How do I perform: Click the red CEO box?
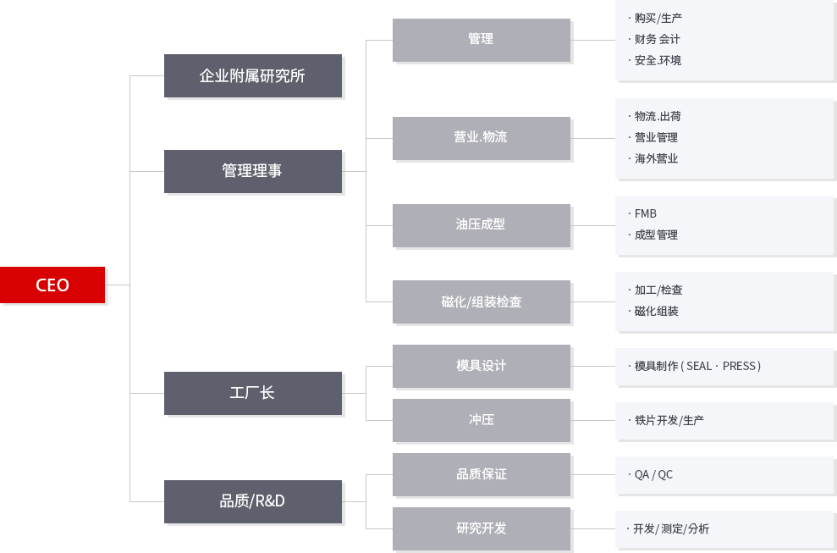click(x=52, y=285)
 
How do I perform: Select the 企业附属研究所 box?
click(x=253, y=76)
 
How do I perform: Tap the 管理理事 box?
click(x=253, y=172)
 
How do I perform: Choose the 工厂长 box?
click(x=253, y=393)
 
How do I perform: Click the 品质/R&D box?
click(x=253, y=501)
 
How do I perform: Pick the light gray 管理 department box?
click(x=482, y=40)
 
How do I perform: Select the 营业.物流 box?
click(x=482, y=138)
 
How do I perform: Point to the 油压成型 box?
click(x=482, y=225)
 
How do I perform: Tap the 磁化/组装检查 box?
click(x=482, y=301)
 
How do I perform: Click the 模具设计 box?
click(x=482, y=366)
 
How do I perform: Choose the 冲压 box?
click(x=482, y=421)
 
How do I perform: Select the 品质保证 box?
click(x=482, y=474)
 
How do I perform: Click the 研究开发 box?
click(x=482, y=529)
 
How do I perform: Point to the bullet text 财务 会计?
click(x=657, y=39)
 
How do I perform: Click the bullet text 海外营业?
click(x=656, y=158)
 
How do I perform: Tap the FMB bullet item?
click(x=646, y=213)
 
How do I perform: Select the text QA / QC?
click(x=653, y=474)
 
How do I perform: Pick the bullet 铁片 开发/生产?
click(x=669, y=421)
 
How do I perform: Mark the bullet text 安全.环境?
click(x=658, y=60)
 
